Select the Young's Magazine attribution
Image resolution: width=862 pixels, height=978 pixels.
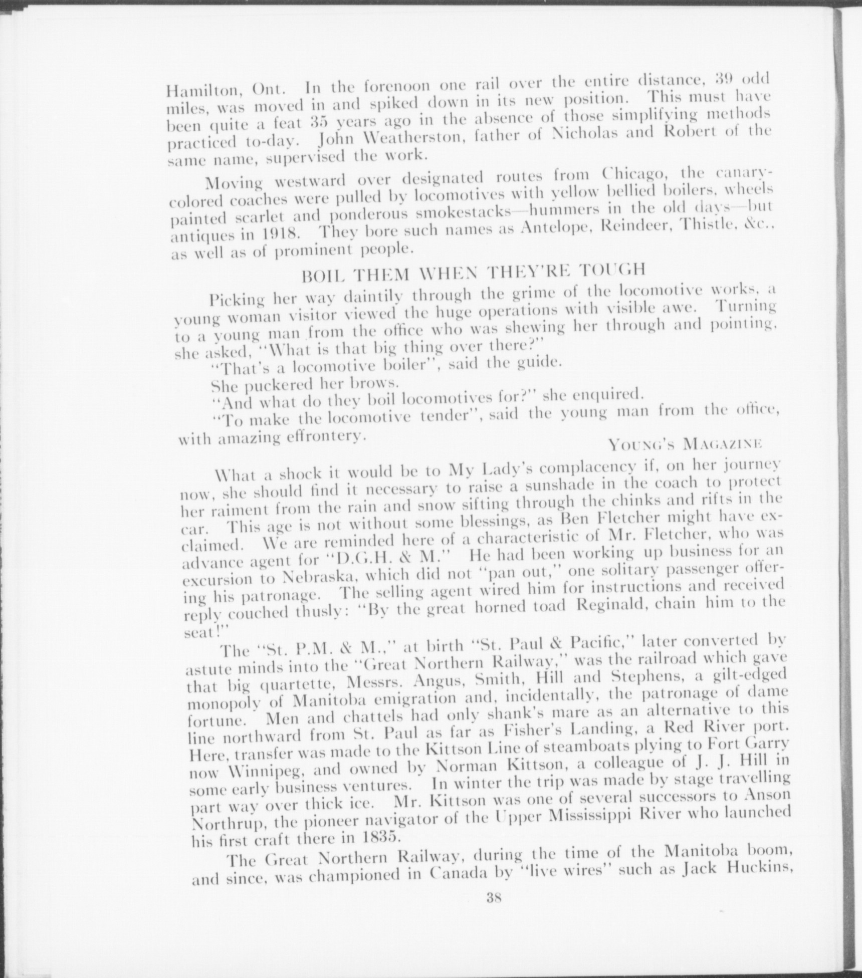[685, 443]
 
